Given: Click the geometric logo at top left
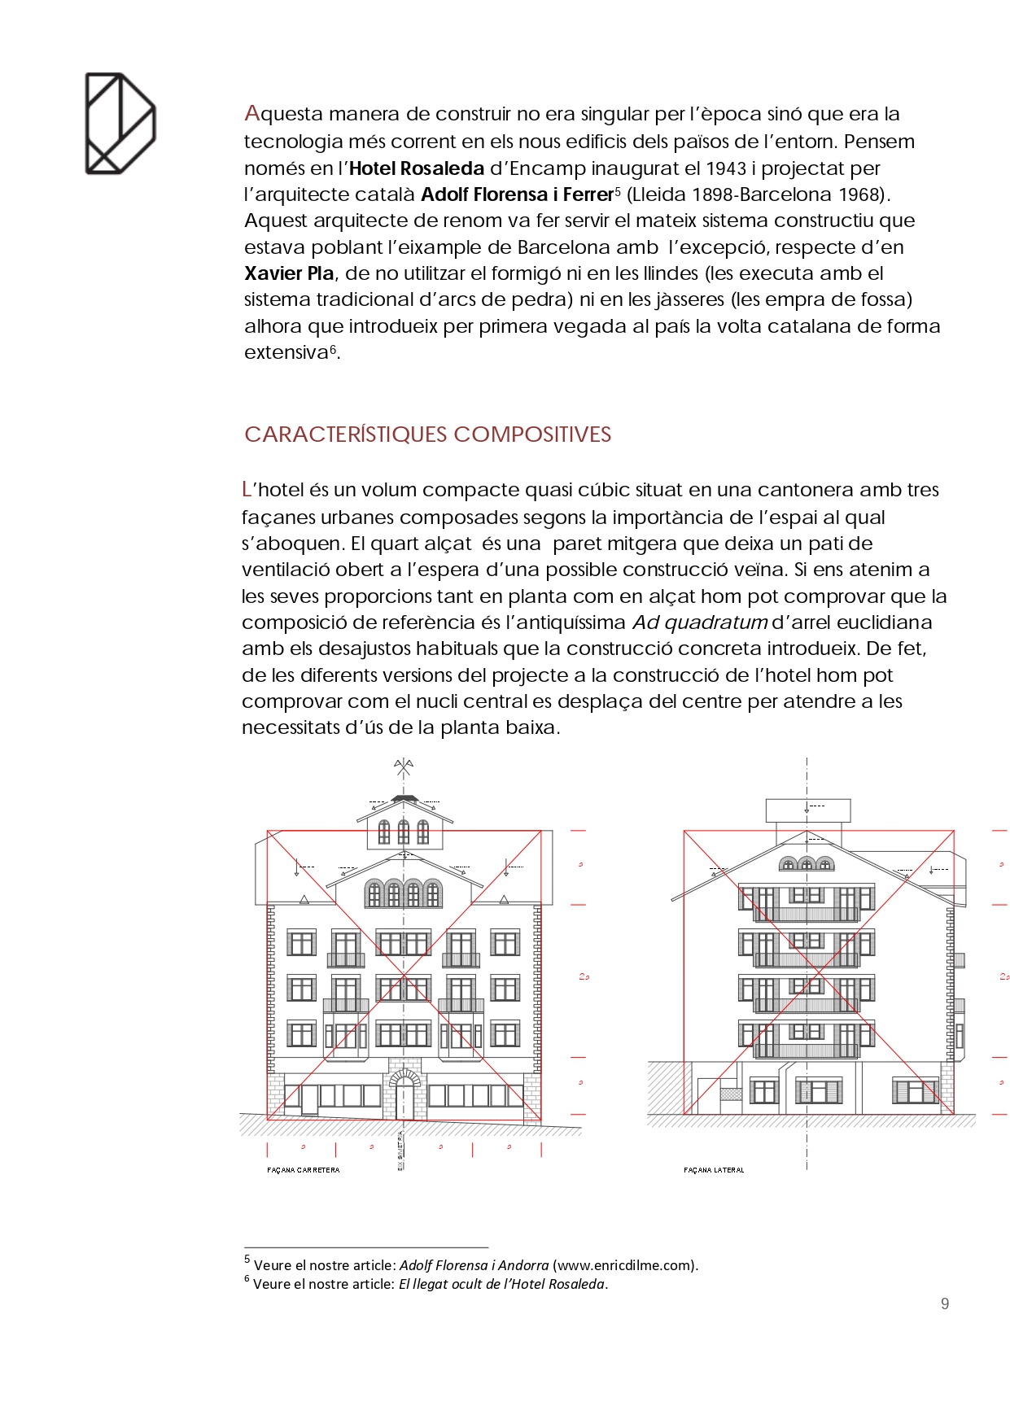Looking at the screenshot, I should [x=120, y=123].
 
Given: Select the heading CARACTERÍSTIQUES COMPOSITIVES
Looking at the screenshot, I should [x=427, y=435].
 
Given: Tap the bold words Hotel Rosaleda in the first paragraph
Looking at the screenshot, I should [x=417, y=168].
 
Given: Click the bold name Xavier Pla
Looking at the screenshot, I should [x=289, y=273].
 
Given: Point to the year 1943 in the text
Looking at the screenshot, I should [x=726, y=168].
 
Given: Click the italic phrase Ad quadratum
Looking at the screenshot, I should [x=700, y=622].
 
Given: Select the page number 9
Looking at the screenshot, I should [x=944, y=1304].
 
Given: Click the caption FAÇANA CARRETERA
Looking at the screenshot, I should [x=304, y=1170].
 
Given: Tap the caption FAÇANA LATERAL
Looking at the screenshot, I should [x=714, y=1170].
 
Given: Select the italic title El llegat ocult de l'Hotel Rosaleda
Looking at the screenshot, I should [x=501, y=1284].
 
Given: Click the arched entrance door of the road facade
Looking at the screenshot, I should [x=404, y=1094].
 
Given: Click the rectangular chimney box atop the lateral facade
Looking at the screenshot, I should [x=807, y=810].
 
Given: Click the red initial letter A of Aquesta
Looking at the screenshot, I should [x=251, y=113].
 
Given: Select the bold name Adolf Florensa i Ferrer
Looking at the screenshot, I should [x=517, y=194].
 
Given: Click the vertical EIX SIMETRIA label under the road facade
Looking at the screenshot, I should [x=400, y=1150].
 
